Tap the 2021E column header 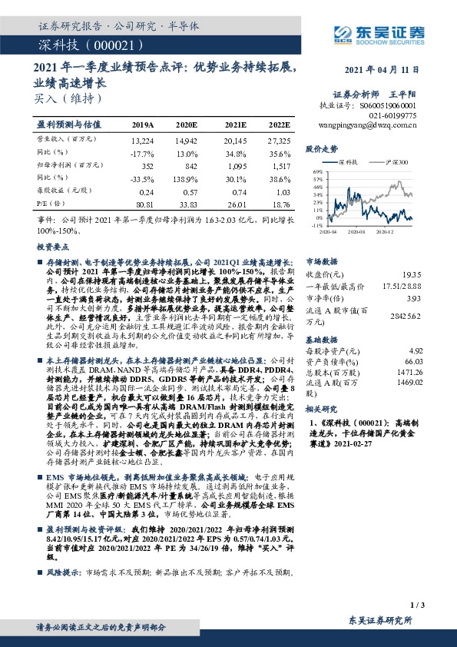pos(235,123)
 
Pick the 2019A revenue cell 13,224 pos(143,142)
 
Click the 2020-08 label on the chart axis pos(356,230)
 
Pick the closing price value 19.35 pos(412,274)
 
